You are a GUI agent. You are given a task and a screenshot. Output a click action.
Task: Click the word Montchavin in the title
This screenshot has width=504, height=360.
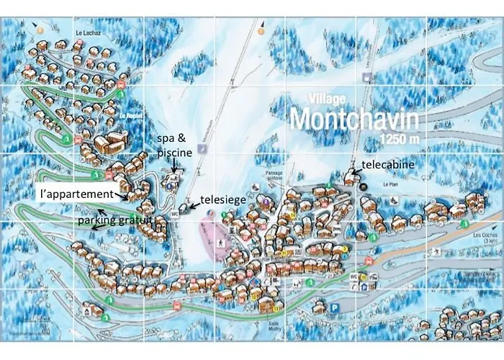[x=355, y=117]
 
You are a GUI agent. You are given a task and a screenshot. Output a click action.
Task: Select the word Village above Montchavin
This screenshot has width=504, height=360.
[x=327, y=98]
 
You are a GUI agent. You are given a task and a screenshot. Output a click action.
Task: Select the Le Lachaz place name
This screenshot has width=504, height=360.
[x=86, y=32]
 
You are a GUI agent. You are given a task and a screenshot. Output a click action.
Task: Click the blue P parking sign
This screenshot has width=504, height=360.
[x=335, y=307]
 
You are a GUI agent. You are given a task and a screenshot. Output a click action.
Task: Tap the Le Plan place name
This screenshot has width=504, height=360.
[x=391, y=184]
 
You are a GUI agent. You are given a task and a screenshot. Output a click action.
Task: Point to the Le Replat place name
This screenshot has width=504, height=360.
[x=131, y=114]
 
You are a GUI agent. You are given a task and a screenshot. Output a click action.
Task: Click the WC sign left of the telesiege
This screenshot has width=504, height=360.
[x=174, y=212]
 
